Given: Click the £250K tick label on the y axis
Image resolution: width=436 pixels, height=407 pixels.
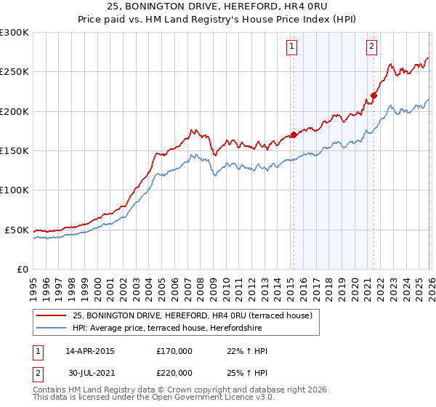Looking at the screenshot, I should (14, 72).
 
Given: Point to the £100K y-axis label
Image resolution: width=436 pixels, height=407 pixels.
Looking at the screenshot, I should (14, 190).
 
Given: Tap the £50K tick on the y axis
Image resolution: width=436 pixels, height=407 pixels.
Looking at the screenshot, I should (17, 230).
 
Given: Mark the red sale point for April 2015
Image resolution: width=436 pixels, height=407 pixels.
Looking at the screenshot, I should (294, 134).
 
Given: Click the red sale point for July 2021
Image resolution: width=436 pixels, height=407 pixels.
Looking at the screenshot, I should (374, 95).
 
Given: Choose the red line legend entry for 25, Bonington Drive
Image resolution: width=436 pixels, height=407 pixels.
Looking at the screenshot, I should (192, 315).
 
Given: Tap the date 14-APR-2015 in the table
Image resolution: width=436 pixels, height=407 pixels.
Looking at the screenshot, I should (90, 351).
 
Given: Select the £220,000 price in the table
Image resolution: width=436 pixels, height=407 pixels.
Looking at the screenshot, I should (174, 372).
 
